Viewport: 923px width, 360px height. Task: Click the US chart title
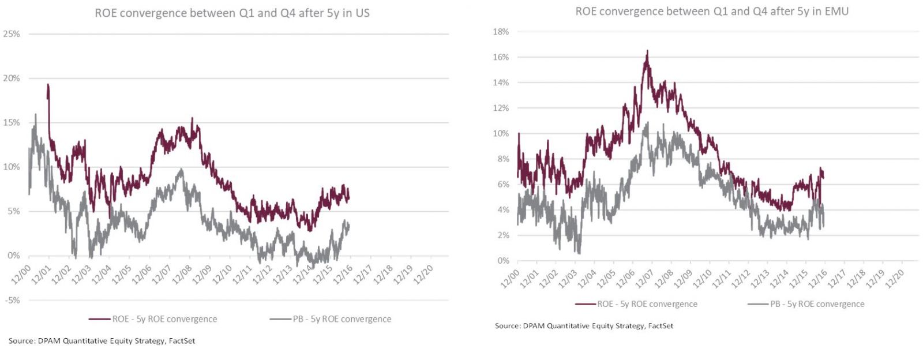click(232, 13)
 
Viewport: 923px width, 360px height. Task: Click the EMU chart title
click(712, 11)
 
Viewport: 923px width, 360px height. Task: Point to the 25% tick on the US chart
click(12, 34)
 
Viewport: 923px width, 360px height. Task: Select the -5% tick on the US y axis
click(13, 300)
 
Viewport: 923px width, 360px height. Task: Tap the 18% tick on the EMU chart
click(501, 32)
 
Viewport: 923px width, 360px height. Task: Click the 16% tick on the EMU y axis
click(501, 57)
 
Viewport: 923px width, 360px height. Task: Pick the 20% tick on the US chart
click(12, 78)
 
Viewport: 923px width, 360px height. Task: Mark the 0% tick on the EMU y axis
click(503, 261)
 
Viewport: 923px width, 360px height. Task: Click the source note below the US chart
click(102, 341)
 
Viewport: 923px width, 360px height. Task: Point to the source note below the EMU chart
click(584, 326)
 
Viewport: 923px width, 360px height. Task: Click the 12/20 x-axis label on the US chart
click(423, 274)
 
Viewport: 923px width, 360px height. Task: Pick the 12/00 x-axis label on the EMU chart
click(510, 278)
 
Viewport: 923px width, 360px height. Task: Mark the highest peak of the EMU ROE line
click(647, 51)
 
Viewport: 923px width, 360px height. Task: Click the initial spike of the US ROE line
click(48, 85)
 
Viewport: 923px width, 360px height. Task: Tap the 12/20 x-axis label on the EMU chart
click(895, 278)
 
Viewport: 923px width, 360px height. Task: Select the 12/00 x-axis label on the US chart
click(22, 274)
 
